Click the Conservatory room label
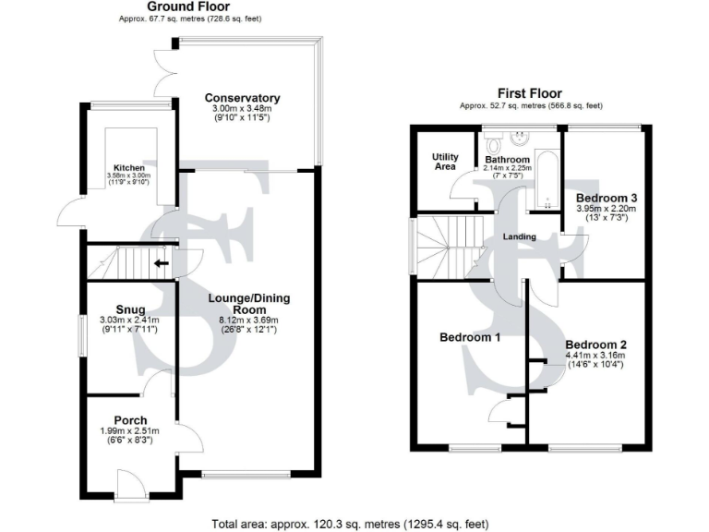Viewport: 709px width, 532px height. tap(242, 98)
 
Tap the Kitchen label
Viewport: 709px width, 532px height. tap(130, 167)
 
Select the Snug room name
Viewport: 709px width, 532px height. tap(130, 310)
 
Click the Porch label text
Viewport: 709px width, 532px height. tap(130, 420)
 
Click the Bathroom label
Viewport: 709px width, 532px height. tap(508, 159)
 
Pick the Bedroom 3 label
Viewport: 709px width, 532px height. tap(607, 198)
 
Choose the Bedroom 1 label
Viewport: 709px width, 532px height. tap(470, 338)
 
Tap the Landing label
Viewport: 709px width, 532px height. tap(520, 237)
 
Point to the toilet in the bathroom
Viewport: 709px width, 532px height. tap(492, 144)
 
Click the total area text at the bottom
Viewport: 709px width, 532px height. tap(350, 522)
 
